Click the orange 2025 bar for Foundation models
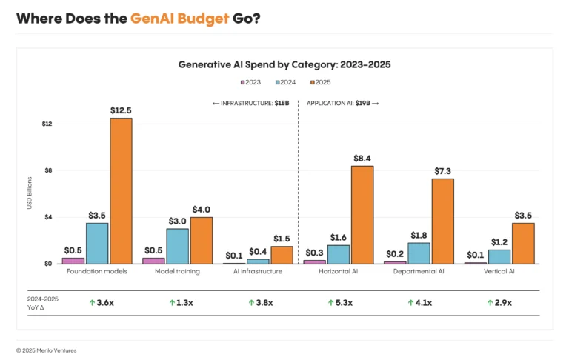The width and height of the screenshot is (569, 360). click(121, 191)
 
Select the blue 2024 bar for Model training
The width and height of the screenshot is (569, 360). click(177, 246)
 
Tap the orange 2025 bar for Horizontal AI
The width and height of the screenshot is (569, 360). click(362, 215)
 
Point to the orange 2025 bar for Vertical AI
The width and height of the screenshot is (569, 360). click(523, 244)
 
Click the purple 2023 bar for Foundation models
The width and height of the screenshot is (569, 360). click(73, 261)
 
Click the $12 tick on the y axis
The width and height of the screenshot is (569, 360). click(47, 123)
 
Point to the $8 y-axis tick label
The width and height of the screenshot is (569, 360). click(48, 170)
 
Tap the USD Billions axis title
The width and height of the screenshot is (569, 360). click(30, 193)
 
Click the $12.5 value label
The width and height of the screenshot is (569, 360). click(121, 110)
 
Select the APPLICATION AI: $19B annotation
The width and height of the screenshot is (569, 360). click(342, 104)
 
